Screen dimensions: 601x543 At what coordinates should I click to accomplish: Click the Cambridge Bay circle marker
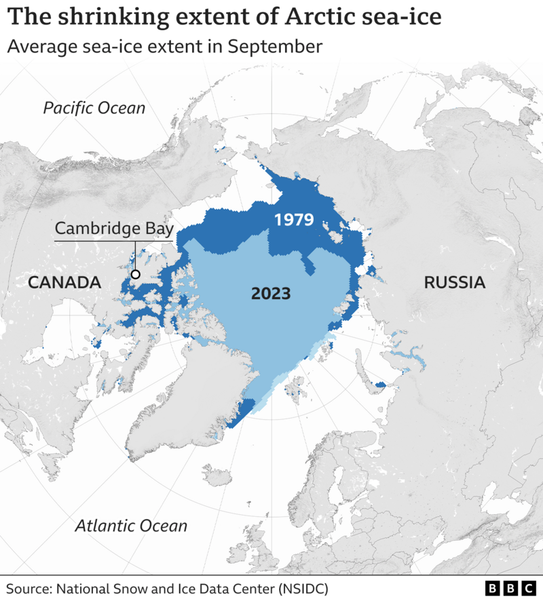[x=136, y=274]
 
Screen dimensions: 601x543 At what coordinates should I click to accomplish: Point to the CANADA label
[x=64, y=282]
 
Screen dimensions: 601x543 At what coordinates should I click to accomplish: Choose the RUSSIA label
[x=455, y=282]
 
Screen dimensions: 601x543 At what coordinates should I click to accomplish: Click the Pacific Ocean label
[x=94, y=108]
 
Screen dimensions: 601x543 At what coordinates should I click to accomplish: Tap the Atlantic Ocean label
[x=131, y=525]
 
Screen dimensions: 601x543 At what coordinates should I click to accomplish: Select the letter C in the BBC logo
[x=528, y=587]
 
